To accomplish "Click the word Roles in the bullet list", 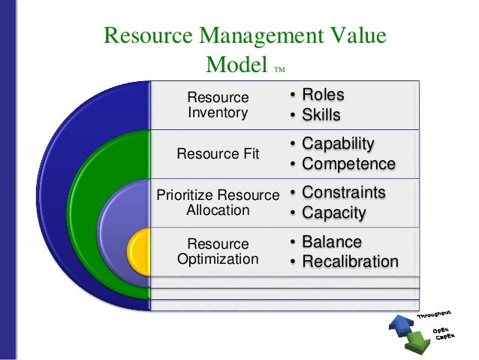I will pos(323,95).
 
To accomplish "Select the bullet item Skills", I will pos(321,115).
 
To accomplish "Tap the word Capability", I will pos(337,144).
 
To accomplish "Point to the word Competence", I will pos(348,163).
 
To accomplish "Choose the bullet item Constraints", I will pos(343,192).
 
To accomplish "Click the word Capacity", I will pos(333,213).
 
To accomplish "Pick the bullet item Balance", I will pos(331,242).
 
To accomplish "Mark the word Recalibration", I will pos(350,262).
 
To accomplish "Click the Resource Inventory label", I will pos(218,105).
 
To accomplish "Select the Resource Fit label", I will pos(218,154).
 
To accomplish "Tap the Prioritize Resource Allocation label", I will pos(218,203).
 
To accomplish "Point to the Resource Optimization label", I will pos(218,252).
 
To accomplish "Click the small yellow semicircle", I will pos(139,252).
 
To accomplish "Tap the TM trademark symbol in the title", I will pos(280,71).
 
